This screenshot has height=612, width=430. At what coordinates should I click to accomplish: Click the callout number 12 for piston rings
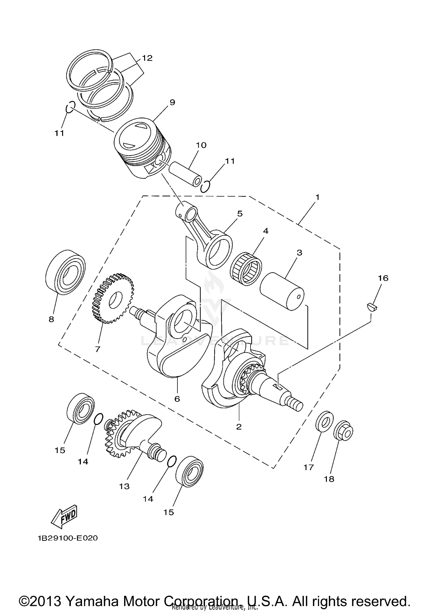[147, 58]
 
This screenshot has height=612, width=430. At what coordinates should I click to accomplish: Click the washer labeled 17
[325, 421]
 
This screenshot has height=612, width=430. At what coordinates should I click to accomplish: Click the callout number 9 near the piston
[172, 102]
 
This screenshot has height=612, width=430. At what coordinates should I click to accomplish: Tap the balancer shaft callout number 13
[125, 486]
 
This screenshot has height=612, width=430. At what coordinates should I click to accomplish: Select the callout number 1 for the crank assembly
[317, 197]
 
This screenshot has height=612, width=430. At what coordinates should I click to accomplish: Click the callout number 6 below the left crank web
[177, 399]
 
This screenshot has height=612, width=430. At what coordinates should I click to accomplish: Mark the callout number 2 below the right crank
[239, 427]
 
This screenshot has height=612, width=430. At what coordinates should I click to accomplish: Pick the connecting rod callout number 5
[240, 214]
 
